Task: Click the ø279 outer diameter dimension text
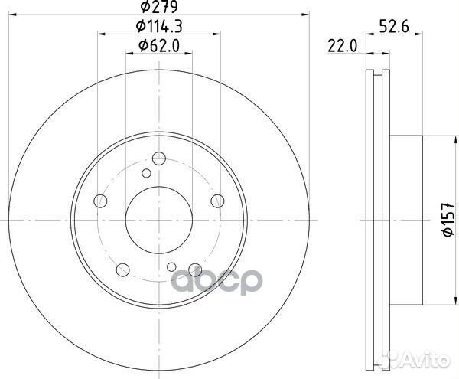[x=158, y=9]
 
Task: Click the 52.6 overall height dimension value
[x=392, y=28]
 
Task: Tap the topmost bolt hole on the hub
[x=159, y=158]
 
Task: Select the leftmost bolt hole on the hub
[x=99, y=202]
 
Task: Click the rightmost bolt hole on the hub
[x=217, y=201]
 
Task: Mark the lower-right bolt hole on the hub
[x=195, y=269]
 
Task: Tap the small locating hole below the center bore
[x=173, y=266]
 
